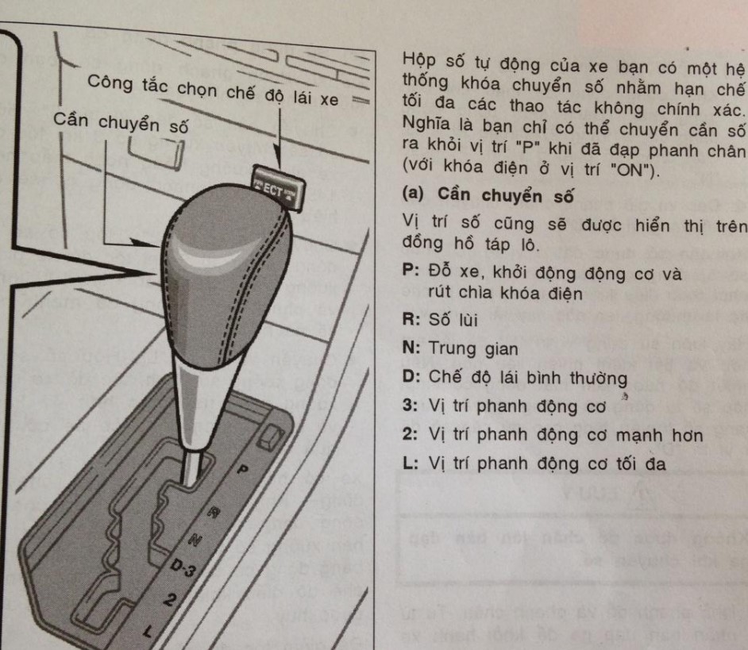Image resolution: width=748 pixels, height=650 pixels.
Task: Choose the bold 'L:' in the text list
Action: coord(412,464)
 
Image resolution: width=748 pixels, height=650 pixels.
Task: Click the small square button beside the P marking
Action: coord(273,435)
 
